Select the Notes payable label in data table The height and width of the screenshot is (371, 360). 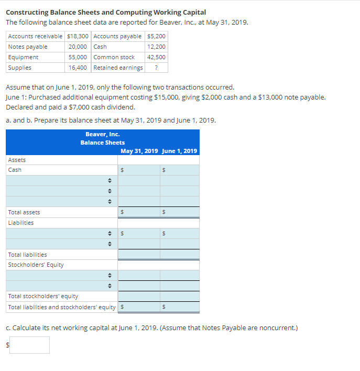tap(28, 47)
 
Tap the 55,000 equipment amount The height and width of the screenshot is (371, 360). tap(78, 57)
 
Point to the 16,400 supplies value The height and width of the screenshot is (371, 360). tap(78, 68)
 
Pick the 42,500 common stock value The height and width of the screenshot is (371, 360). tap(157, 57)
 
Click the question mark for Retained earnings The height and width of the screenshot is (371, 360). tap(157, 68)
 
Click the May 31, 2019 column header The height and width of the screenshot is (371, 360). tap(139, 151)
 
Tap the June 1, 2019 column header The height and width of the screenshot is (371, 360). tap(180, 151)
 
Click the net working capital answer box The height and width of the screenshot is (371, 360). tap(29, 344)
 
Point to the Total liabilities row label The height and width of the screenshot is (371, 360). tap(27, 254)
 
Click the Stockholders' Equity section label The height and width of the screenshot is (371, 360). tap(36, 265)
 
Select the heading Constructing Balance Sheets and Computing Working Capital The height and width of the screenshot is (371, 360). tap(106, 12)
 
